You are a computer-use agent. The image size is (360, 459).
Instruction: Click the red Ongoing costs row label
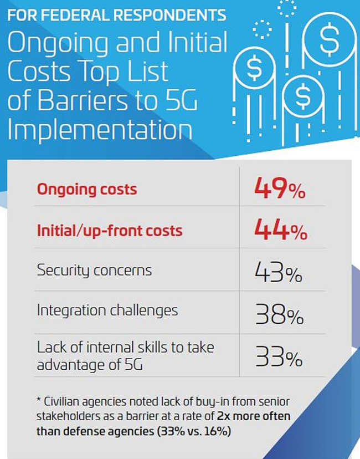point(86,189)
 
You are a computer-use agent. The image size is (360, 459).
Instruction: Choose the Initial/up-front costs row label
point(110,230)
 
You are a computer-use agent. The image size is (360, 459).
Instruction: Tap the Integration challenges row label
point(107,310)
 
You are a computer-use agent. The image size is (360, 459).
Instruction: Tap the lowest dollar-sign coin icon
point(302,95)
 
